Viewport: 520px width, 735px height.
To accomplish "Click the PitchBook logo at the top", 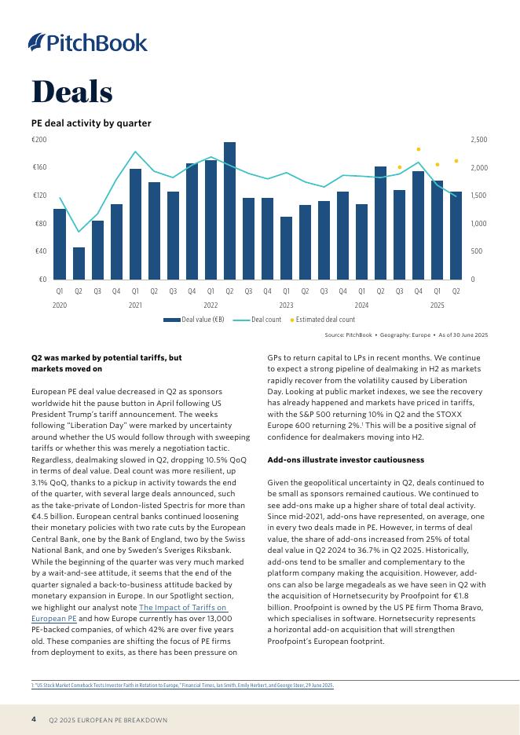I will [87, 42].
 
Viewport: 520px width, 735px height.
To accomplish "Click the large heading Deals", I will [71, 92].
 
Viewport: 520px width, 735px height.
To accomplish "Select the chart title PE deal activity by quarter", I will [91, 123].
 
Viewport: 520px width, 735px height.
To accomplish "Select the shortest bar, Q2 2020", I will [79, 263].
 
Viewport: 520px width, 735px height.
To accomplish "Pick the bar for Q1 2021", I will [135, 224].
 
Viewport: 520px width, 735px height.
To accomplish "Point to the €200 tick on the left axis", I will [39, 140].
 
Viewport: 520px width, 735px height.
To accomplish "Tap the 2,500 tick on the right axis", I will [478, 140].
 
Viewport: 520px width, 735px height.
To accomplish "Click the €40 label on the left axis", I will [39, 251].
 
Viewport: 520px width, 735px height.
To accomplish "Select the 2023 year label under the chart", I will [286, 304].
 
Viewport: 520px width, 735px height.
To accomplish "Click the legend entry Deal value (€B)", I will [194, 320].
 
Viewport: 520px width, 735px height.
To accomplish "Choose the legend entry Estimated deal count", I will [322, 320].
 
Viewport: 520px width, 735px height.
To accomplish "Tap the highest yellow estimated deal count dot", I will [419, 148].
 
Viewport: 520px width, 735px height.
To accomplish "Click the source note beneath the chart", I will [406, 335].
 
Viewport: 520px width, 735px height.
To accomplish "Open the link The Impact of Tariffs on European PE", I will [182, 608].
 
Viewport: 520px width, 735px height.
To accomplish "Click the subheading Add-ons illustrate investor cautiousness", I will [346, 459].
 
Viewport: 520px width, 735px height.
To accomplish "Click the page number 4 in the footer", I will [34, 719].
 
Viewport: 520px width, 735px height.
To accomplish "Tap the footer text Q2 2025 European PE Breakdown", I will [108, 720].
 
